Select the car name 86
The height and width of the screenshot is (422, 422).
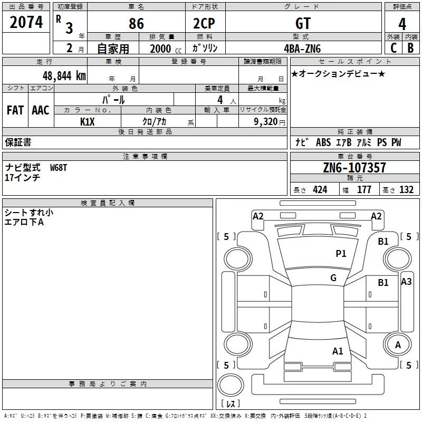pyautogui.click(x=136, y=23)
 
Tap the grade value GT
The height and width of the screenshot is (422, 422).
pyautogui.click(x=303, y=23)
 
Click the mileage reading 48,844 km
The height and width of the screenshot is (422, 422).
pyautogui.click(x=60, y=75)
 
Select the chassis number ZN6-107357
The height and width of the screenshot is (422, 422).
pyautogui.click(x=354, y=168)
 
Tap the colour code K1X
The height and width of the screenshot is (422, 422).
pyautogui.click(x=88, y=121)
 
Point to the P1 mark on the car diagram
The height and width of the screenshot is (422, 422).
pyautogui.click(x=341, y=254)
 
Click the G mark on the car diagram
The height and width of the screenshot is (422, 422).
pyautogui.click(x=333, y=278)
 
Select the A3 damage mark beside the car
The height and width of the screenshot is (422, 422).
pyautogui.click(x=406, y=282)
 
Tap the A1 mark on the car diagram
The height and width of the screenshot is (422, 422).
pyautogui.click(x=338, y=351)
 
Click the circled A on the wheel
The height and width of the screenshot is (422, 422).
pyautogui.click(x=398, y=345)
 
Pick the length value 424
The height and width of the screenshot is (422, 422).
pyautogui.click(x=320, y=190)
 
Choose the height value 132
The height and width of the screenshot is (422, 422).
pyautogui.click(x=406, y=190)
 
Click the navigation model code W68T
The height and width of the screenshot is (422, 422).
pyautogui.click(x=59, y=167)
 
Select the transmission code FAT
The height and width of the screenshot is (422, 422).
pyautogui.click(x=15, y=110)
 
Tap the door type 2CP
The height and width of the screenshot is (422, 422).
pyautogui.click(x=205, y=23)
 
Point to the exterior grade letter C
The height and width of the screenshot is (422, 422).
pyautogui.click(x=393, y=47)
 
